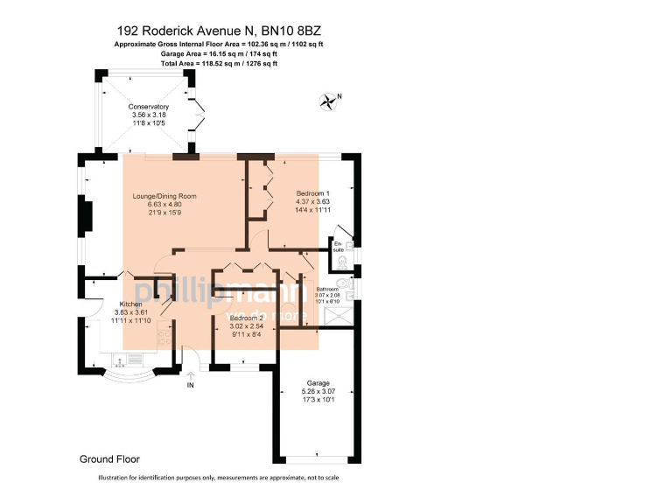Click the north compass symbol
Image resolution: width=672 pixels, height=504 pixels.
pos(330,101)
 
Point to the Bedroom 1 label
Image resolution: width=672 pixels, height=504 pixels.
pos(312,192)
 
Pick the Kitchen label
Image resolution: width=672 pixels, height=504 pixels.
pos(130,304)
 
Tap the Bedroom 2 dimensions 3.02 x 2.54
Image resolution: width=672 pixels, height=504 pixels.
pos(247,326)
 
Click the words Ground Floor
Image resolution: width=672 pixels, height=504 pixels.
pos(109,458)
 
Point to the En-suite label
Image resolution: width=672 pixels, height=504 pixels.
pos(338,246)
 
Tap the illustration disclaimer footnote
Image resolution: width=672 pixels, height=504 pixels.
pos(219,478)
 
